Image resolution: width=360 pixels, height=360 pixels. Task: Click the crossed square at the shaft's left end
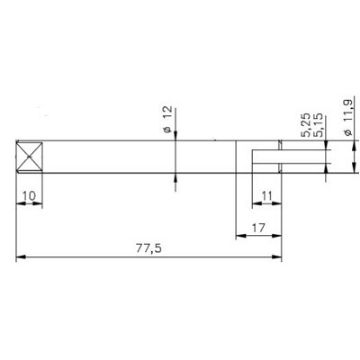click(x=30, y=160)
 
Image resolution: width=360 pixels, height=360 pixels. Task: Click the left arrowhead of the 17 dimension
click(x=238, y=238)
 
